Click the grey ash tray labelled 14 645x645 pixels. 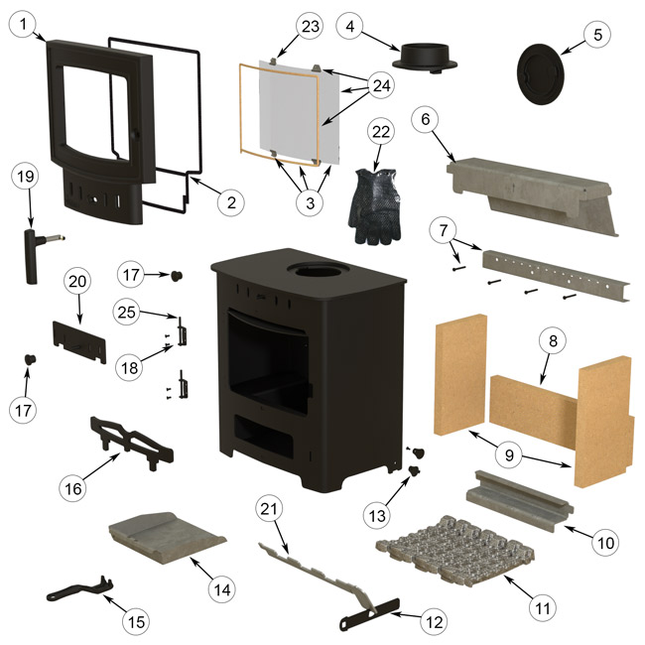(166, 537)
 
